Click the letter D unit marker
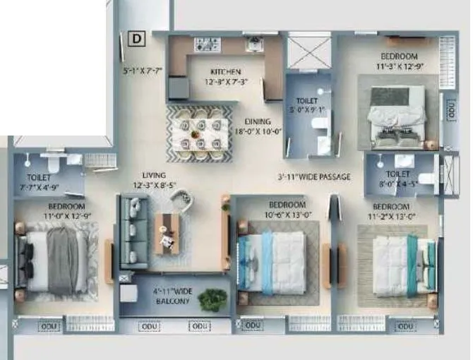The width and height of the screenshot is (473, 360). coord(137,39)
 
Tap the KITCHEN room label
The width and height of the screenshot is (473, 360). coord(226,72)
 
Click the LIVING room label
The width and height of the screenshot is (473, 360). coord(153,174)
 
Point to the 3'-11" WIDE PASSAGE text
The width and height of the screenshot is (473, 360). coord(313,176)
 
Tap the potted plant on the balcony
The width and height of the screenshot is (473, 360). coord(212,300)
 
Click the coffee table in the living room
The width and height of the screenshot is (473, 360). coord(167,234)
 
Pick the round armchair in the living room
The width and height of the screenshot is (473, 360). coord(181,203)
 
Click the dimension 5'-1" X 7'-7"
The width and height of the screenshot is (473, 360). coord(143,71)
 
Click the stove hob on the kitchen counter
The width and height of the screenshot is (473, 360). coord(208,44)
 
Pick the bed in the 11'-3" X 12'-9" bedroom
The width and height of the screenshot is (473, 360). coord(398,114)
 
